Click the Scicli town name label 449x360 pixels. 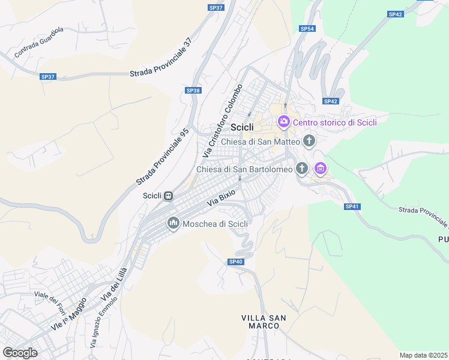(x=243, y=127)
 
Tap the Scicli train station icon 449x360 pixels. (x=169, y=196)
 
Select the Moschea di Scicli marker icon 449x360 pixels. (x=173, y=224)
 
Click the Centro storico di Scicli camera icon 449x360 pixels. (x=283, y=122)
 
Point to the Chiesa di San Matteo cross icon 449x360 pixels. (x=309, y=142)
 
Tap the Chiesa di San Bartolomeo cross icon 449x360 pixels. (x=302, y=169)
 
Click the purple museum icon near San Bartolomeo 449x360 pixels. (x=321, y=169)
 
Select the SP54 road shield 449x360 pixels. (x=307, y=28)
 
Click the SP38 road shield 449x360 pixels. (x=193, y=90)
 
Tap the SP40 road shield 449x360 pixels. (x=236, y=262)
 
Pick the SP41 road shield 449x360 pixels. (x=352, y=206)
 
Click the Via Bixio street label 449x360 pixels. (x=221, y=197)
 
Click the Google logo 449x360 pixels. (x=20, y=352)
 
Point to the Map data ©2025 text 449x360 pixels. (x=424, y=355)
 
